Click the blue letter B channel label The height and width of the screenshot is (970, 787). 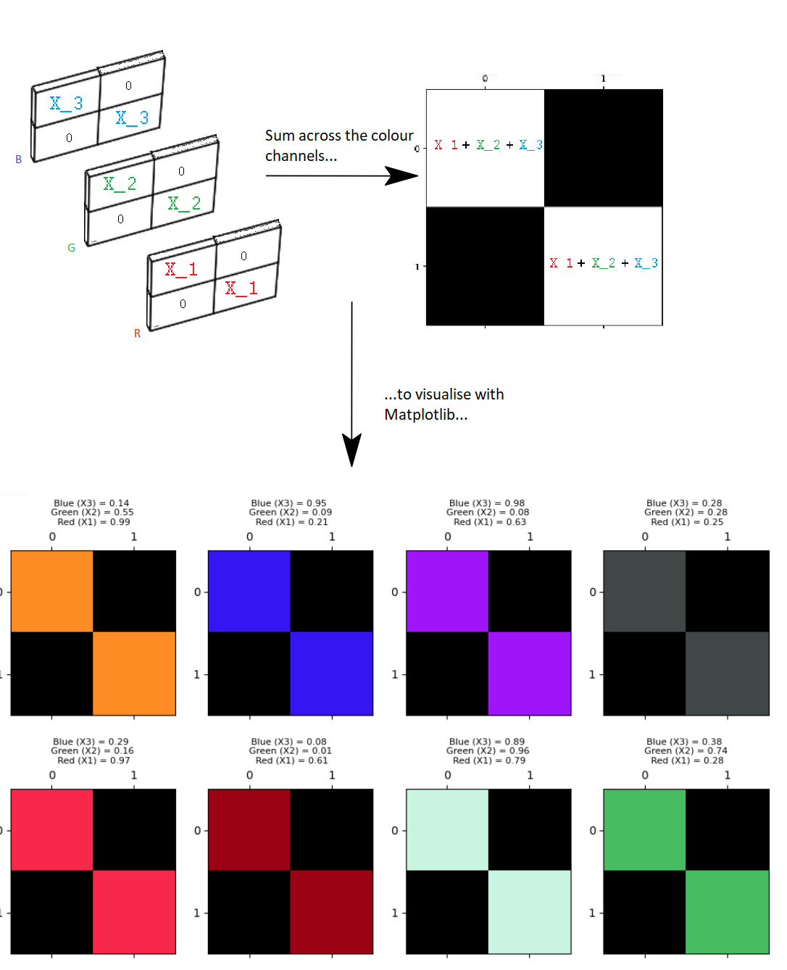tap(19, 159)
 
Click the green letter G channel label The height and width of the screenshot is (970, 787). tap(71, 248)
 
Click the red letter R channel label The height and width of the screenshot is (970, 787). tap(137, 333)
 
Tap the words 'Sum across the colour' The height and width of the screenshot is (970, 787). tap(338, 136)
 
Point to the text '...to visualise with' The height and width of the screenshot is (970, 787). tap(444, 394)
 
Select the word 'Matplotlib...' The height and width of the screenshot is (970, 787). tap(425, 415)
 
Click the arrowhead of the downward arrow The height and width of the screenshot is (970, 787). tap(351, 449)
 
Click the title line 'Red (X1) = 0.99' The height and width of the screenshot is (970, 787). tap(93, 522)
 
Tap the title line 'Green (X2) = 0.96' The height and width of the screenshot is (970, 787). tap(488, 751)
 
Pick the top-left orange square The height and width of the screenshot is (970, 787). tap(52, 591)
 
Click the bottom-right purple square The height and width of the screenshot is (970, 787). tap(530, 673)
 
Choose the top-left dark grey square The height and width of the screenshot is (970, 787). tap(644, 591)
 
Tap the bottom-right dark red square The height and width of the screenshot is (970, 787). tap(332, 912)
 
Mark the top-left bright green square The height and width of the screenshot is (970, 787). tap(644, 829)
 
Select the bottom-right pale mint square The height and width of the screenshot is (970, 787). tap(530, 912)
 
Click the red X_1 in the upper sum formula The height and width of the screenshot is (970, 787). tap(446, 145)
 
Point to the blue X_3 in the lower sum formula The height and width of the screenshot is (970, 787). tap(646, 263)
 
